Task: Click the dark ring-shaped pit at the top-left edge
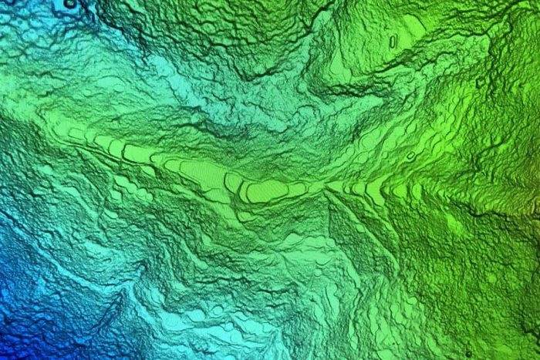coord(69,4)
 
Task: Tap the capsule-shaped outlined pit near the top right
coord(393,40)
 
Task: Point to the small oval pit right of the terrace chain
coord(410,156)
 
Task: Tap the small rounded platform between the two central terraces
coord(232,182)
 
